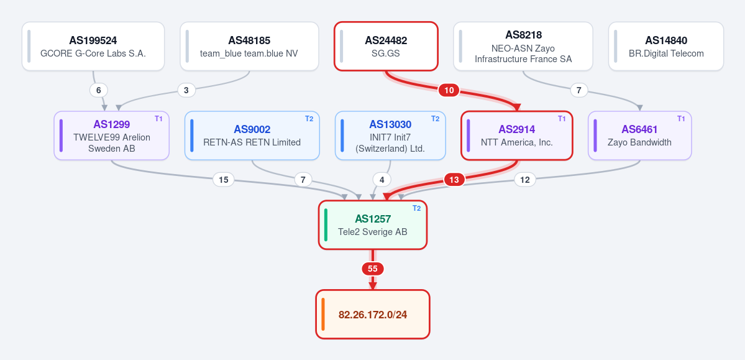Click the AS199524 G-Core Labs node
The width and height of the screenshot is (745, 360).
click(93, 46)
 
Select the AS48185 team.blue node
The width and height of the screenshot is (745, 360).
click(249, 46)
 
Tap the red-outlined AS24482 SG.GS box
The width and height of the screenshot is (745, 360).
click(386, 46)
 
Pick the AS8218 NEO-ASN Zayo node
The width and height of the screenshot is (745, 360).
click(523, 46)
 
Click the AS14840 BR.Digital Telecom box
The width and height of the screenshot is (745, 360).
click(666, 46)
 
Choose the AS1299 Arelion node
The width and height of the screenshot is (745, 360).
click(112, 136)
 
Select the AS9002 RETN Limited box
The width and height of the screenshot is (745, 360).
click(252, 136)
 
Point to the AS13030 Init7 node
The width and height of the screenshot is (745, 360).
click(391, 136)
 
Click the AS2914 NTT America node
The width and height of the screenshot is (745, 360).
click(517, 136)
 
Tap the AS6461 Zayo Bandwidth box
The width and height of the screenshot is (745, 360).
click(640, 136)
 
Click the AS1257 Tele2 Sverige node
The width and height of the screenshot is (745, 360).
click(373, 225)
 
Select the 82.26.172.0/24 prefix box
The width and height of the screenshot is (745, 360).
click(373, 315)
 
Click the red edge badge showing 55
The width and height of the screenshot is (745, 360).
click(373, 269)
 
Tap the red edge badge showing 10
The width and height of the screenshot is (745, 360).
click(449, 90)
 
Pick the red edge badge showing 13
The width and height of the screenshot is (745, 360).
click(455, 180)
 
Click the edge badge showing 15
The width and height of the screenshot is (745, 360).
click(223, 180)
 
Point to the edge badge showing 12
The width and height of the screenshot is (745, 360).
click(525, 180)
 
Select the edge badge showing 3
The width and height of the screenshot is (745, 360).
click(187, 90)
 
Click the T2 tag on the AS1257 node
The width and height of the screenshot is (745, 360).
click(417, 208)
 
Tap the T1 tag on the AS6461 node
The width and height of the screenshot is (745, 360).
click(682, 119)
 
